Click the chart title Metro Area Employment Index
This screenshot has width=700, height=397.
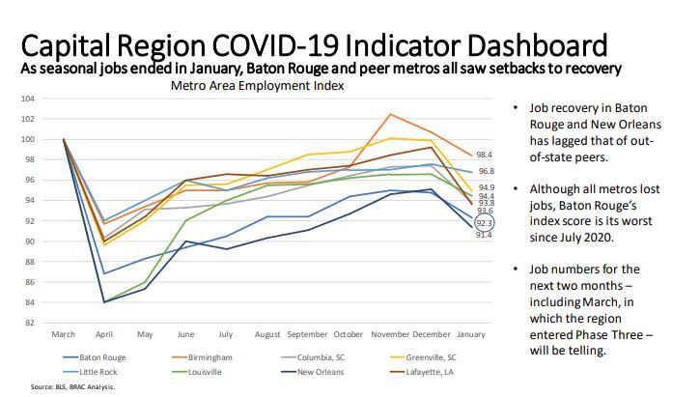coord(257,85)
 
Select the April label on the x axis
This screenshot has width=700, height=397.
coord(105,333)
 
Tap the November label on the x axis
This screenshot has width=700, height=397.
coord(390,333)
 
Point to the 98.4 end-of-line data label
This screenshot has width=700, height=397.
coord(486,155)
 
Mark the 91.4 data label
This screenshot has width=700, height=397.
coord(486,235)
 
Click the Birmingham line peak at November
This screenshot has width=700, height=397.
coord(390,115)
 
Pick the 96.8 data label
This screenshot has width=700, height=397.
coord(486,171)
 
